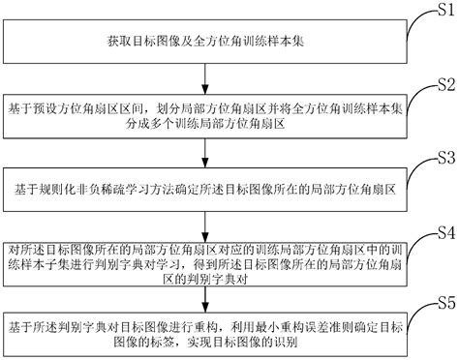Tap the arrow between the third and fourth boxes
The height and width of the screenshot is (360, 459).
pos(207,221)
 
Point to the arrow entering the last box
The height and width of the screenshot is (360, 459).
pos(207,299)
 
